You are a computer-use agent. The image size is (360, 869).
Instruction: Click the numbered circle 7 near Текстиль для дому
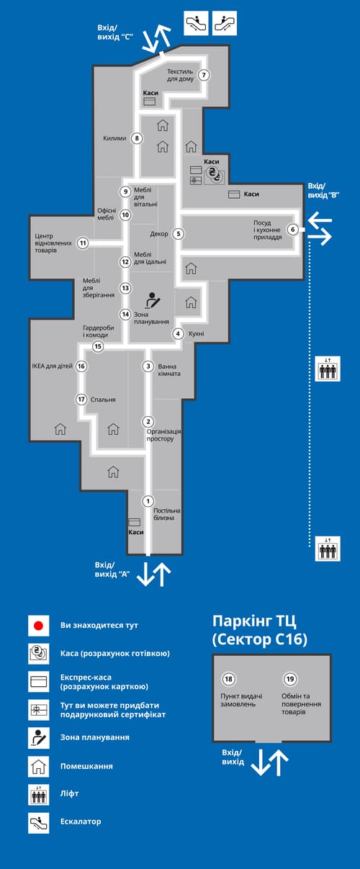(x=204, y=75)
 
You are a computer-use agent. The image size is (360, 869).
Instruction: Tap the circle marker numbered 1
(x=148, y=501)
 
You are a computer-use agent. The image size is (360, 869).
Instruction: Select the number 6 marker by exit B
(x=292, y=230)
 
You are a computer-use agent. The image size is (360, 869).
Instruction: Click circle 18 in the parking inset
(x=229, y=679)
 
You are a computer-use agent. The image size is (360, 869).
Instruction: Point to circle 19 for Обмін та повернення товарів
(x=290, y=679)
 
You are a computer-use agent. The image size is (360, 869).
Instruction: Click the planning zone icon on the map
(x=152, y=300)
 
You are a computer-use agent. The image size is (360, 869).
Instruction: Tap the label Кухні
(x=197, y=334)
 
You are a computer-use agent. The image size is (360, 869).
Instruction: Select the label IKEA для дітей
(x=52, y=366)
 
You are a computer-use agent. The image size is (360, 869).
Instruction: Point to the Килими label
(x=114, y=138)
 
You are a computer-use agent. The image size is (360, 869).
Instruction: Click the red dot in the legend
(x=38, y=626)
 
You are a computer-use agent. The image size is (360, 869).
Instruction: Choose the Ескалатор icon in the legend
(x=38, y=821)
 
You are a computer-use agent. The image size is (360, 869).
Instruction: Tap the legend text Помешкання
(x=86, y=766)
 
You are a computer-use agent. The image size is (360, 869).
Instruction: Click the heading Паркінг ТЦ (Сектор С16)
(x=260, y=630)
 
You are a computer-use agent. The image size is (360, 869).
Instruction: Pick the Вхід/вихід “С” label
(x=116, y=32)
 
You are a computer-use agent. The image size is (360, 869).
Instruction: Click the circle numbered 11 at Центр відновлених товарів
(x=83, y=243)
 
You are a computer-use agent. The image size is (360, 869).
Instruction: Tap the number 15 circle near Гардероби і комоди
(x=98, y=347)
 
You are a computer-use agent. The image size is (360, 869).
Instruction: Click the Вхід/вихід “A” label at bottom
(x=112, y=569)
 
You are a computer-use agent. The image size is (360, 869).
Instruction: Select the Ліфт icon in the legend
(x=38, y=793)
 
